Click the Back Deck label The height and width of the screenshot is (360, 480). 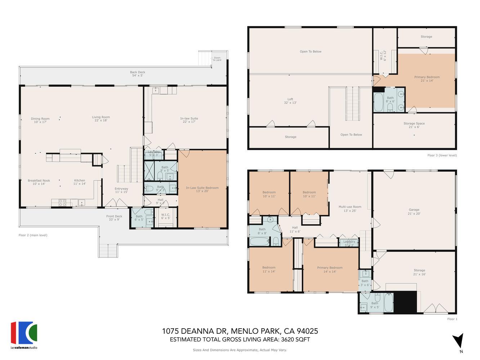tap(138, 74)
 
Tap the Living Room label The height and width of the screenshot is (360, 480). tap(101, 119)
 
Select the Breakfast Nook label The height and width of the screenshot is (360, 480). tap(39, 182)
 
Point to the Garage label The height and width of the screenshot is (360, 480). tap(414, 212)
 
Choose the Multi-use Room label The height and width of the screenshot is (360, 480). tap(350, 209)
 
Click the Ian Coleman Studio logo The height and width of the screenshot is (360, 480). tap(24, 335)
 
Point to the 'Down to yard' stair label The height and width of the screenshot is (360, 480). tap(217, 59)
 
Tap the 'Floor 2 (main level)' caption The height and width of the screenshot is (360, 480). tap(33, 235)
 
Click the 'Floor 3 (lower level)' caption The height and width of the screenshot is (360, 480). tap(442, 156)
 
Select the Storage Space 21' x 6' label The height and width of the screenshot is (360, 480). tap(414, 125)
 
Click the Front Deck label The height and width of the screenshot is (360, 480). tap(114, 218)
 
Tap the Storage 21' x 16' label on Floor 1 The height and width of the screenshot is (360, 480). tap(420, 272)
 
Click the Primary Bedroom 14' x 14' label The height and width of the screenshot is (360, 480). tap(330, 269)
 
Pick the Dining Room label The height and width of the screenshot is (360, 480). tap(40, 120)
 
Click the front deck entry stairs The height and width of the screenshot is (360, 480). tap(108, 250)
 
